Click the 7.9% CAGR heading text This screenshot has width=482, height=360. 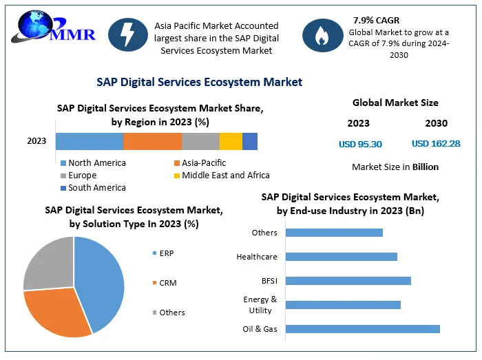tap(377, 20)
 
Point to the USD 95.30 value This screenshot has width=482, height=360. tap(360, 144)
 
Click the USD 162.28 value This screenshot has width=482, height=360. tap(436, 144)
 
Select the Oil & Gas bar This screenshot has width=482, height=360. tap(362, 329)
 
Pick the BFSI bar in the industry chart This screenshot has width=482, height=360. tap(348, 281)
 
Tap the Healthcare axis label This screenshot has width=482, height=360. tap(257, 257)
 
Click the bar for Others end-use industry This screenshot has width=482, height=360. tap(334, 233)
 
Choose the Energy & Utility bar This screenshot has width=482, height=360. tap(342, 305)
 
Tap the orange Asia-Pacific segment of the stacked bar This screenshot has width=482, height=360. tap(152, 141)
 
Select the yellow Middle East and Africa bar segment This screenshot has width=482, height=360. tap(231, 141)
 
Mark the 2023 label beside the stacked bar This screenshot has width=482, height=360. tap(36, 141)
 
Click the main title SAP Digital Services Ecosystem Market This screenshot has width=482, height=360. tap(199, 82)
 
